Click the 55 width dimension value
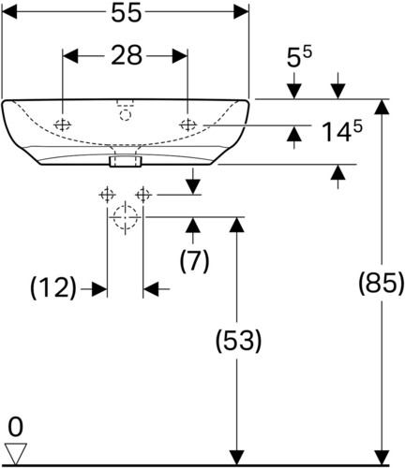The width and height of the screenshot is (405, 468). pos(127,13)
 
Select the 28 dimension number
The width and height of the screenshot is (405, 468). pos(127,56)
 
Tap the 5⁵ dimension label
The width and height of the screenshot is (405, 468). pos(299,57)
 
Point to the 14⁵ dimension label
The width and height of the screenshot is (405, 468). pos(342,132)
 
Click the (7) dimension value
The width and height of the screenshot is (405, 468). pos(194,261)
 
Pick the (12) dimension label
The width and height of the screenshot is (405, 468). pos(53,287)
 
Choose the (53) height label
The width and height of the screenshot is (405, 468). pos(238,341)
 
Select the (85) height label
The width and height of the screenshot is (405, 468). pos(382,284)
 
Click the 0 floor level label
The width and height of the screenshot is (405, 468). pos(15,428)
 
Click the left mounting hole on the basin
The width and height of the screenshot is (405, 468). pos(63,125)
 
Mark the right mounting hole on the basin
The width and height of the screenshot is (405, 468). pos(187,125)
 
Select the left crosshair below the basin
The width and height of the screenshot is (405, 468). pos(107,195)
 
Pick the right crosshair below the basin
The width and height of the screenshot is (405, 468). pos(143,195)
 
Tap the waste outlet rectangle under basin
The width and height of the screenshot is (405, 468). pos(126,161)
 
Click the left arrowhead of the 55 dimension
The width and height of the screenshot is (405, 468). pos(9,13)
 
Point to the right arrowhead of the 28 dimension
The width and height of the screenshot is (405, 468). pos(180,56)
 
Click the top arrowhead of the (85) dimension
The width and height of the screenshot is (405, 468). pos(382,107)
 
